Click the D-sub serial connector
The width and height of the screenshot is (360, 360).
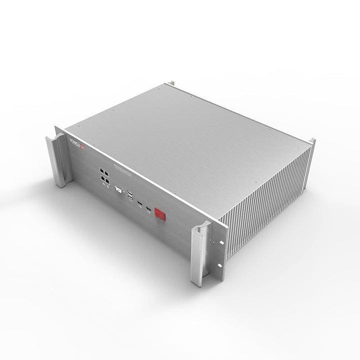tap(119, 190)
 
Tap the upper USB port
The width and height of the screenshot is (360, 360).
tap(130, 193)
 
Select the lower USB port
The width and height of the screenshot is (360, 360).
tap(131, 200)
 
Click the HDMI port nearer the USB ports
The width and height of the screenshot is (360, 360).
tap(141, 204)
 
